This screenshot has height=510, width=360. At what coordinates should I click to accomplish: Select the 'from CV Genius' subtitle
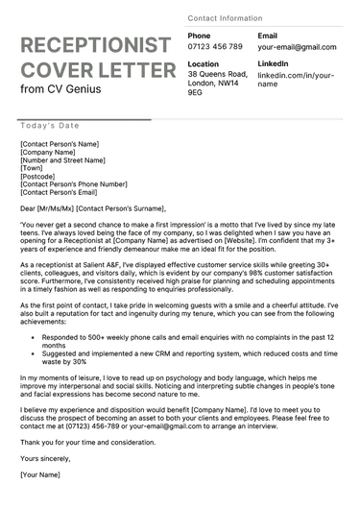[x=60, y=89]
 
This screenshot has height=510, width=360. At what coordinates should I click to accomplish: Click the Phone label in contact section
[x=200, y=36]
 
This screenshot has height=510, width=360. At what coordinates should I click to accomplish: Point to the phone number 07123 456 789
[x=215, y=46]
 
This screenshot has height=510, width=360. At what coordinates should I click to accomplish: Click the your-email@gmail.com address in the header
[x=297, y=47]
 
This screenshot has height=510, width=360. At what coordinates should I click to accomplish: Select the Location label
[x=204, y=63]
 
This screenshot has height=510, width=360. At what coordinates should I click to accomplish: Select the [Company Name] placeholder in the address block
[x=48, y=152]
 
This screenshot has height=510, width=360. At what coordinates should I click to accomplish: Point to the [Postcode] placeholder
[x=39, y=176]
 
